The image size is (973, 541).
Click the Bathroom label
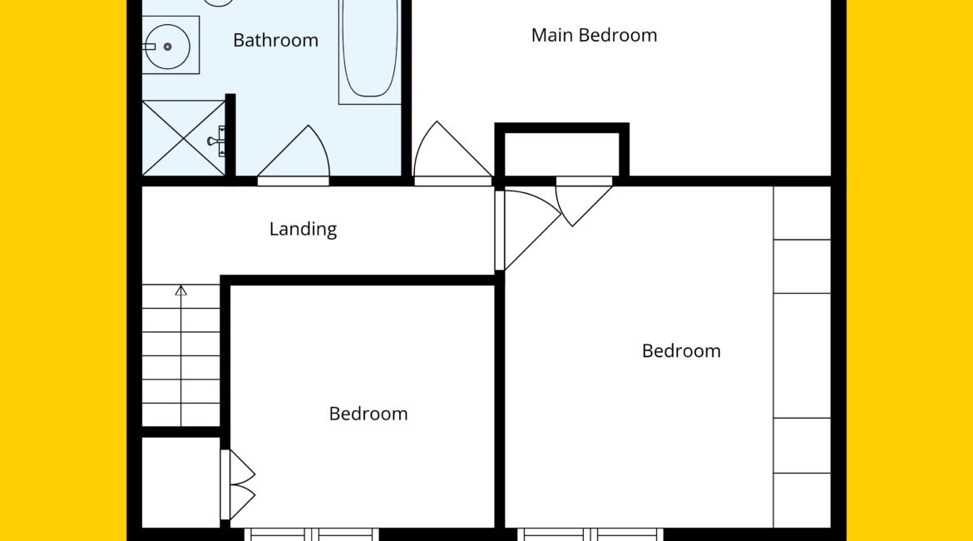pos(275,41)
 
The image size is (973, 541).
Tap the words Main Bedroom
pos(594,36)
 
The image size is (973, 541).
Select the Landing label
pos(303,229)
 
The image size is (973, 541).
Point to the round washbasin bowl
pos(167,47)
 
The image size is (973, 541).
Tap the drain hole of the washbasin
pos(167,47)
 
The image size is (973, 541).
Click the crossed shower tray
pos(184,138)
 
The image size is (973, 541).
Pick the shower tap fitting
pos(217,141)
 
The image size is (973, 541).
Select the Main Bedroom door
pos(453,152)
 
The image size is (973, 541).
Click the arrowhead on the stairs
pos(180,290)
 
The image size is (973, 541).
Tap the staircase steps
pos(181,355)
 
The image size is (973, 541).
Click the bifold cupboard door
pos(238,484)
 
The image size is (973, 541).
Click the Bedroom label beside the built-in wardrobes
pos(681,351)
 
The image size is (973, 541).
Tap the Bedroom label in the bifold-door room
pos(368,414)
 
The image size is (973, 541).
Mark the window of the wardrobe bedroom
pos(590,534)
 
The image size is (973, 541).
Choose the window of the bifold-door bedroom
pos(312,534)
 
